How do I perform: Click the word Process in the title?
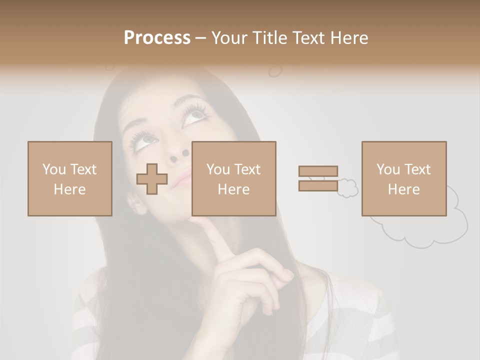click(x=157, y=38)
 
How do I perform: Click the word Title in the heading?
click(x=270, y=38)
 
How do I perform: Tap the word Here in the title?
click(x=349, y=38)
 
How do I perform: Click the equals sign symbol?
click(x=318, y=178)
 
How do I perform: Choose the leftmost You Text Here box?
click(x=70, y=179)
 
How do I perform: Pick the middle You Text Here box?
click(x=234, y=179)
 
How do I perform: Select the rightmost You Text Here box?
click(x=404, y=179)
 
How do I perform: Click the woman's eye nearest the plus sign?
click(x=142, y=139)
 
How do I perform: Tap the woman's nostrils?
click(x=179, y=156)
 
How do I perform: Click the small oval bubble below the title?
click(x=275, y=71)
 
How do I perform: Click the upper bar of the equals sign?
click(x=318, y=171)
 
